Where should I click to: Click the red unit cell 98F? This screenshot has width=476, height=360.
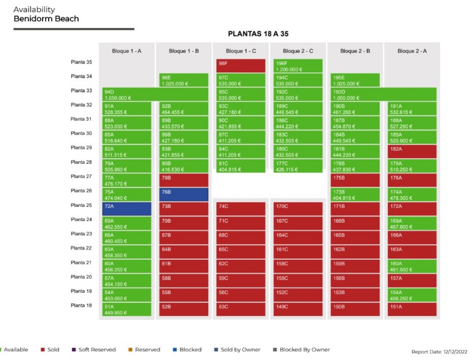click(x=241, y=66)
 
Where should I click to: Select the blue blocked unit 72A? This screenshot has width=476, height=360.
click(x=127, y=209)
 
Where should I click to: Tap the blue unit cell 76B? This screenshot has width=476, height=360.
click(x=184, y=195)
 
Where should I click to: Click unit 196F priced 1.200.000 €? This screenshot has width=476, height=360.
click(x=298, y=66)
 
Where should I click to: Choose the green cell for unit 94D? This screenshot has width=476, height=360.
click(x=155, y=94)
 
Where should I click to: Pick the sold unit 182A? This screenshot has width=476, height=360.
click(x=412, y=151)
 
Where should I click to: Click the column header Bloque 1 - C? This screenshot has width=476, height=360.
click(x=241, y=51)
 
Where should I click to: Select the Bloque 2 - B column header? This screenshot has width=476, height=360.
click(x=355, y=51)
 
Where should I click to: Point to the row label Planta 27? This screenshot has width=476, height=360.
click(x=81, y=176)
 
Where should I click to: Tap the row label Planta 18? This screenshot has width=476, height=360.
click(x=81, y=305)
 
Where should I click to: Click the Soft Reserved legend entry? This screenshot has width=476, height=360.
click(x=94, y=349)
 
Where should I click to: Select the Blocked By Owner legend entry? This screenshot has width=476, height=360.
click(x=301, y=349)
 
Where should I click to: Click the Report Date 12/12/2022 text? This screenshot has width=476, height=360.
click(x=439, y=351)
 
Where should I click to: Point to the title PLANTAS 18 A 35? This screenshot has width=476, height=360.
click(x=258, y=34)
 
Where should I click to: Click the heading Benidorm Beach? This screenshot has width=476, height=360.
click(x=46, y=19)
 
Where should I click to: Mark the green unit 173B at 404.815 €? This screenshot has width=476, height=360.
click(x=355, y=195)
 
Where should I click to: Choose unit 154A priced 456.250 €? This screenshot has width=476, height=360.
click(x=412, y=295)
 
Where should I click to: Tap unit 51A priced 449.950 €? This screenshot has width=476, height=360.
click(x=127, y=309)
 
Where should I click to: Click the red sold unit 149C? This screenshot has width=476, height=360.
click(x=298, y=309)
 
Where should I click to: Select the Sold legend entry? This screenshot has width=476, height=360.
click(x=50, y=349)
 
